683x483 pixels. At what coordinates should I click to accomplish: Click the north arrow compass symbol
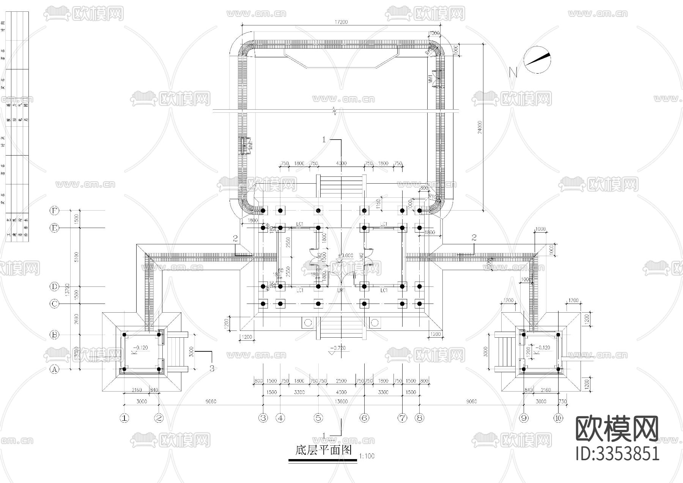[537, 60]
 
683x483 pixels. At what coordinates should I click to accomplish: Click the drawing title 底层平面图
[323, 450]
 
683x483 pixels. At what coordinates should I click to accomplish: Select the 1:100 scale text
[367, 456]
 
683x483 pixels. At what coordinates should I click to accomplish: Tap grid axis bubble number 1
[124, 418]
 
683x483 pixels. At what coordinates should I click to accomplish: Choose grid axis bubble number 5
[318, 418]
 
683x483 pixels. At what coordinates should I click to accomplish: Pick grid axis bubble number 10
[558, 418]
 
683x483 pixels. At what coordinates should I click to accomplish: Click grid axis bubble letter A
[55, 369]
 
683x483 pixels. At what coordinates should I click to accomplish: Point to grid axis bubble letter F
[55, 210]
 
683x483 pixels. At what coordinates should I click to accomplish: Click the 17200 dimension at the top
[341, 22]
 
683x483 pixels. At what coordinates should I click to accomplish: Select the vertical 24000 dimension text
[480, 127]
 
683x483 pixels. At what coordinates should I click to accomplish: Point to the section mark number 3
[212, 368]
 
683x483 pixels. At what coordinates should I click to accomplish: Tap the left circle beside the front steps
[308, 323]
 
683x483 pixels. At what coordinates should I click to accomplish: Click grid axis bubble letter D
[55, 286]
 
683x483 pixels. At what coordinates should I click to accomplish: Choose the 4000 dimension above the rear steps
[341, 164]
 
